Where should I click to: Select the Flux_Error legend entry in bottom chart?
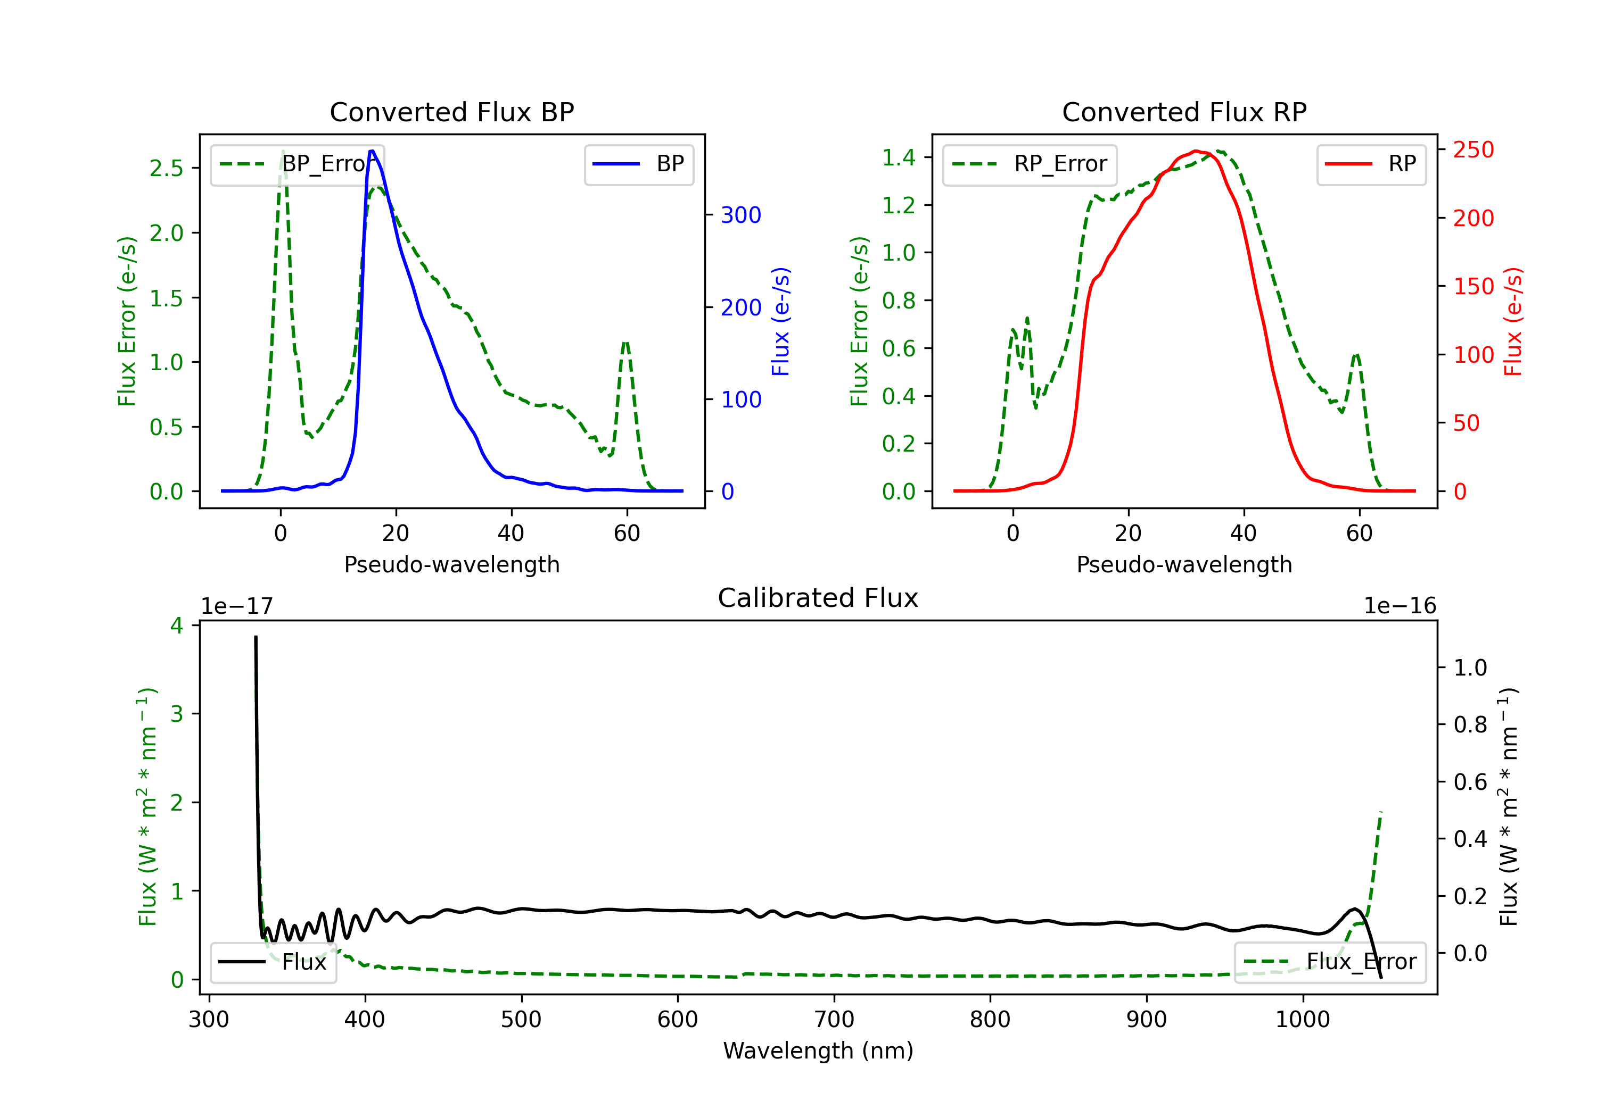tap(1329, 962)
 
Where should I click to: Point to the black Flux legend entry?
tap(274, 962)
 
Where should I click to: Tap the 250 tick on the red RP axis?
tap(1473, 150)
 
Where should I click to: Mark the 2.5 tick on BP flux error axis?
tap(166, 168)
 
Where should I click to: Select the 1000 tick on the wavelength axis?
tap(1302, 1020)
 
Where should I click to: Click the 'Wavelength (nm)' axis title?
tap(818, 1051)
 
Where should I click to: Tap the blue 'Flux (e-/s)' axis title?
tap(780, 321)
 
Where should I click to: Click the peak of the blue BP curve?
tap(372, 151)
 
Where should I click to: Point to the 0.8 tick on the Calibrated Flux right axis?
tap(1470, 725)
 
